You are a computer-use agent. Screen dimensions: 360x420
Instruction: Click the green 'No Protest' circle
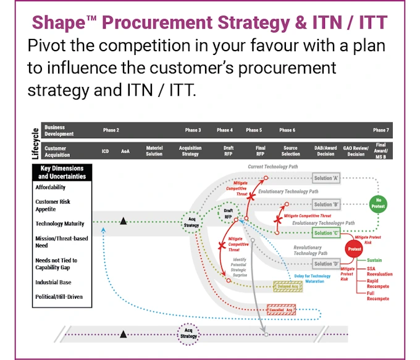[x=378, y=204]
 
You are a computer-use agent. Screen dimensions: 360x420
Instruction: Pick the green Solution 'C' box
[x=327, y=233]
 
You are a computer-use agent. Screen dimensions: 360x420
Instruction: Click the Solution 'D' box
[x=327, y=264]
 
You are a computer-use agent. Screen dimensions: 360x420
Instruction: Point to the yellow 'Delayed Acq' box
[x=287, y=287]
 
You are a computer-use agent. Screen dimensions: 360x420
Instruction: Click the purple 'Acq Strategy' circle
[x=189, y=334]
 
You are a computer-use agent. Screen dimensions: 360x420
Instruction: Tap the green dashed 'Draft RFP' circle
[x=228, y=214]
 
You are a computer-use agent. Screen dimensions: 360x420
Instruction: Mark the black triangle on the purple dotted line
[x=124, y=334]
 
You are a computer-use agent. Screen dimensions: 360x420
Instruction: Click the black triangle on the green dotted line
[x=124, y=220]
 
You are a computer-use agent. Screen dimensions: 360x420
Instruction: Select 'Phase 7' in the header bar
[x=380, y=130]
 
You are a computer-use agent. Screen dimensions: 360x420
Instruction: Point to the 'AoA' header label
[x=125, y=151]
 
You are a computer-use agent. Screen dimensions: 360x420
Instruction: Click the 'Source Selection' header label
[x=290, y=151]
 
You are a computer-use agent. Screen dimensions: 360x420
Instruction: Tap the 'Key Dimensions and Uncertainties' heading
[x=62, y=172]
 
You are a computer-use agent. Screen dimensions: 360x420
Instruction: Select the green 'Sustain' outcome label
[x=374, y=260]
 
